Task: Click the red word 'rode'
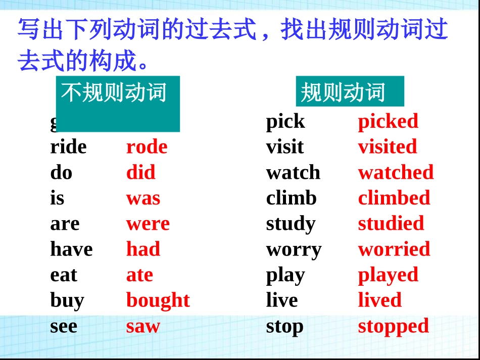pyautogui.click(x=147, y=147)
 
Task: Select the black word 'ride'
pyautogui.click(x=68, y=147)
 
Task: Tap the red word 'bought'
pyautogui.click(x=158, y=300)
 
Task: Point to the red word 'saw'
pyautogui.click(x=143, y=326)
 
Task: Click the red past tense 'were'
pyautogui.click(x=148, y=224)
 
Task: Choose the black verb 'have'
pyautogui.click(x=71, y=249)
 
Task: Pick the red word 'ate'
pyautogui.click(x=139, y=275)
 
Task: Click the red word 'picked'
pyautogui.click(x=388, y=121)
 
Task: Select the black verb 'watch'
pyautogui.click(x=293, y=173)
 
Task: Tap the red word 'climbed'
pyautogui.click(x=394, y=198)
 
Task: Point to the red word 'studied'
pyautogui.click(x=391, y=224)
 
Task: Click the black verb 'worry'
pyautogui.click(x=294, y=249)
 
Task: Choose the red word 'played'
pyautogui.click(x=388, y=275)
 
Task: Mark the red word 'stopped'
pyautogui.click(x=393, y=326)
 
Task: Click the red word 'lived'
pyautogui.click(x=379, y=300)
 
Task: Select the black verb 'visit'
pyautogui.click(x=285, y=147)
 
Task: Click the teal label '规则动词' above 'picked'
pyautogui.click(x=344, y=92)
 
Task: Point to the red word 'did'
pyautogui.click(x=140, y=173)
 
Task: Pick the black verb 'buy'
pyautogui.click(x=67, y=300)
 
